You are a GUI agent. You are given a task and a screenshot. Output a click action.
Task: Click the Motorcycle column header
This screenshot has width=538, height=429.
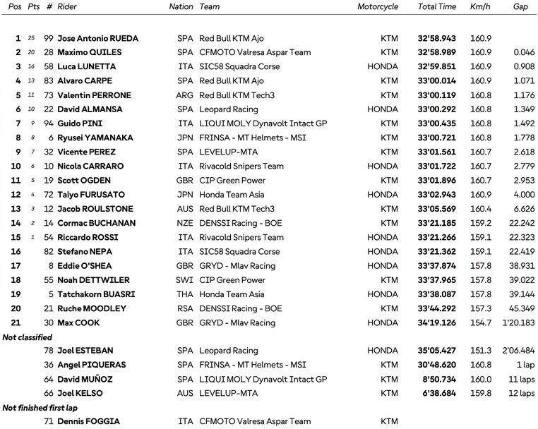[378, 7]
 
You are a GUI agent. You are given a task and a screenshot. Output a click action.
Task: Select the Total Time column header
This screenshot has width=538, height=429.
[437, 7]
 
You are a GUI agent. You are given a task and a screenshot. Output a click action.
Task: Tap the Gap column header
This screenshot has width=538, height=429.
[520, 7]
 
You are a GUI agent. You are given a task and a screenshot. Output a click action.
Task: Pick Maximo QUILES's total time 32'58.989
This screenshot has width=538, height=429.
[437, 52]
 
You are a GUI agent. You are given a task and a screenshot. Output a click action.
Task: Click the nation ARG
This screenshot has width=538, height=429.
[185, 95]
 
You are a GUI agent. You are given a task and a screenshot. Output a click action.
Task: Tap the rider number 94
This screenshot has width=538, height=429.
[48, 123]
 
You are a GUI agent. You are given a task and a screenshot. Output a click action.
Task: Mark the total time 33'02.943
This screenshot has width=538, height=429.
[437, 195]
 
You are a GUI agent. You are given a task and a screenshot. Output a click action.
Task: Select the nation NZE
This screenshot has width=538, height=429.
[185, 223]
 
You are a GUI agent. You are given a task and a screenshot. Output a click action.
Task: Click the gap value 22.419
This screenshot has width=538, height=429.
[519, 251]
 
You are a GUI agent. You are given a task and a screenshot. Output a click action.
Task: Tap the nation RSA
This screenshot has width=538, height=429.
[185, 308]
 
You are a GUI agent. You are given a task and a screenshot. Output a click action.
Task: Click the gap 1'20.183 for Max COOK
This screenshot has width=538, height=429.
[518, 322]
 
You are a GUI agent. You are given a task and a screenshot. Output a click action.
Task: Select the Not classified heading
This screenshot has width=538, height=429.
[28, 337]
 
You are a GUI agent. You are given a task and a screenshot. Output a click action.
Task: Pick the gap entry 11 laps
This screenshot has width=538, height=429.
[521, 379]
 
